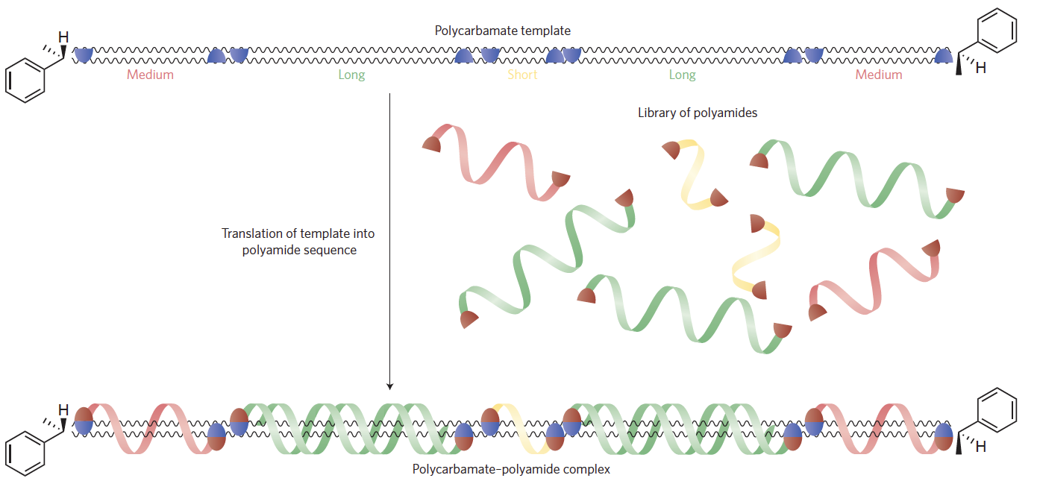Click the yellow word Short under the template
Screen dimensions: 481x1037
(522, 75)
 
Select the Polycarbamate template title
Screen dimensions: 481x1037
(503, 31)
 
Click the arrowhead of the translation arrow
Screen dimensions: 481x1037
(389, 386)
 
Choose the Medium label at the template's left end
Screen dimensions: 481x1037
(150, 75)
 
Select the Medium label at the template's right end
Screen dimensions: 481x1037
(878, 75)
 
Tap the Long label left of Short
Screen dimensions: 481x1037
(351, 75)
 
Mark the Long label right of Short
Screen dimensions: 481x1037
(682, 75)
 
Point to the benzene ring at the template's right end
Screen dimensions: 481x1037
(996, 30)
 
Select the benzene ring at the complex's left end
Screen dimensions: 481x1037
(25, 453)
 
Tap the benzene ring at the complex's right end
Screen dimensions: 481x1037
(996, 408)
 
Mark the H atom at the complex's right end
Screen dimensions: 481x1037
(981, 447)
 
